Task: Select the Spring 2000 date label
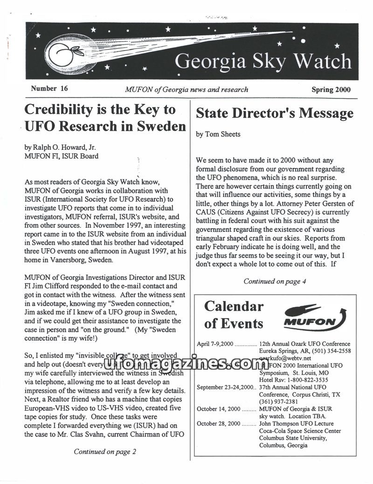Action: (331, 90)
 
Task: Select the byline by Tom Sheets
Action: (218, 134)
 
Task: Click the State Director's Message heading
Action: (275, 113)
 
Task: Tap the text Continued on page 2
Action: (105, 451)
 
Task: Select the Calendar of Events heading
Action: (234, 315)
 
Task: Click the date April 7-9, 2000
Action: (215, 344)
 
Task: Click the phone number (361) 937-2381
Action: (280, 402)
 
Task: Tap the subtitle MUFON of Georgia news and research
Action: (186, 90)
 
